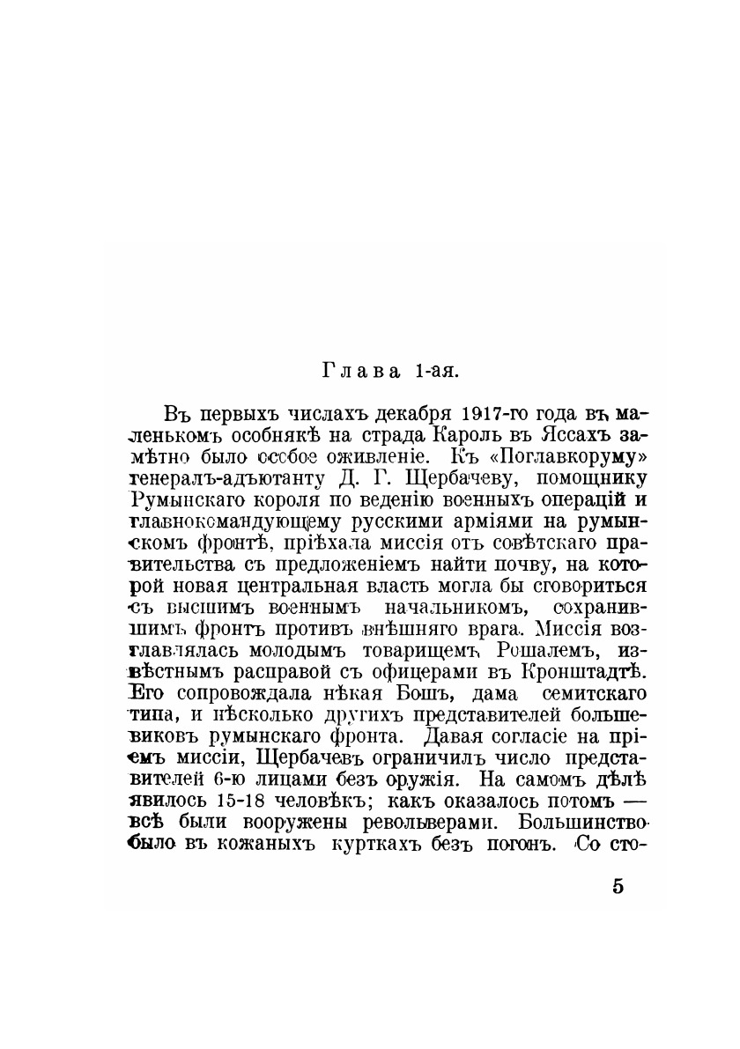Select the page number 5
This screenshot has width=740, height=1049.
click(618, 886)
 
